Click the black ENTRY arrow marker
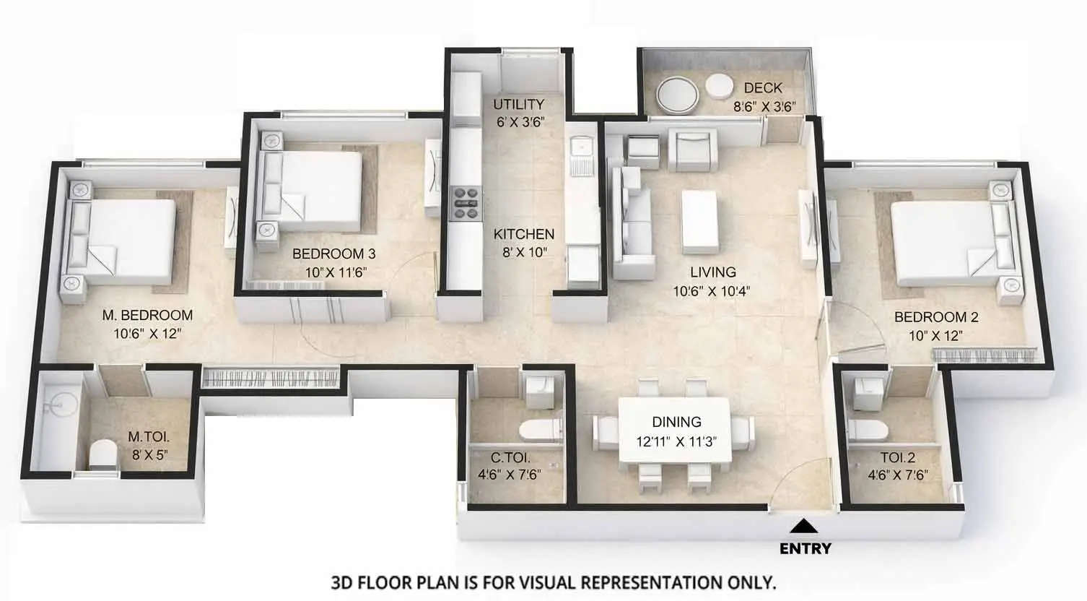[x=806, y=526]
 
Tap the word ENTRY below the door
[x=806, y=549]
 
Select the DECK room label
[x=763, y=88]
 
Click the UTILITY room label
[x=519, y=105]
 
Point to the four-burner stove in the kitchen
[x=466, y=203]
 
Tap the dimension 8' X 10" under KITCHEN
[x=524, y=253]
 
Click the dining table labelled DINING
[x=676, y=432]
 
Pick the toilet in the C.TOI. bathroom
[x=541, y=429]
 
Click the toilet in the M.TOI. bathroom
[x=102, y=456]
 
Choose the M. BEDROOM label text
[x=147, y=315]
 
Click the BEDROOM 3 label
[x=333, y=254]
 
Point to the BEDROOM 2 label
[x=936, y=317]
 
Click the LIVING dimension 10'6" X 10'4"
[x=712, y=292]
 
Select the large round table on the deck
[x=678, y=95]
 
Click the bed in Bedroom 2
[x=946, y=241]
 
